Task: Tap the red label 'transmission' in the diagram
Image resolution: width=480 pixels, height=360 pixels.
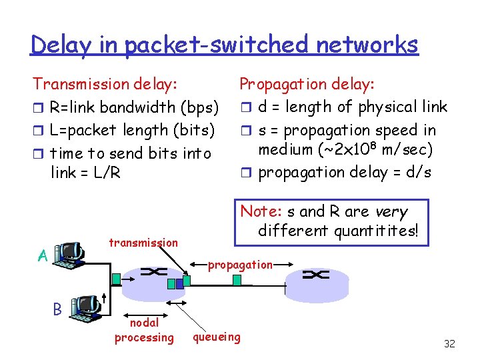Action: point(143,243)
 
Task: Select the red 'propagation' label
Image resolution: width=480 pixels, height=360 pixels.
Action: point(240,265)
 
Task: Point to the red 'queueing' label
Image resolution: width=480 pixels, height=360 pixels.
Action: point(217,337)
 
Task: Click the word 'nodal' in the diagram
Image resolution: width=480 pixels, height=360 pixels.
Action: point(144,323)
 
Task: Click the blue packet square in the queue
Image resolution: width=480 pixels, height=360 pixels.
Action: point(171,284)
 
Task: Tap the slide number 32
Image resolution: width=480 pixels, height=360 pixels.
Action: point(449,344)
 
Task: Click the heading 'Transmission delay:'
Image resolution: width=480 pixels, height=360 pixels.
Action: point(105,84)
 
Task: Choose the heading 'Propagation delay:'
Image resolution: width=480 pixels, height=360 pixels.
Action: point(307,84)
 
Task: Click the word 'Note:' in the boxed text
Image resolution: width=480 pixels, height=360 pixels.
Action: point(261,211)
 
